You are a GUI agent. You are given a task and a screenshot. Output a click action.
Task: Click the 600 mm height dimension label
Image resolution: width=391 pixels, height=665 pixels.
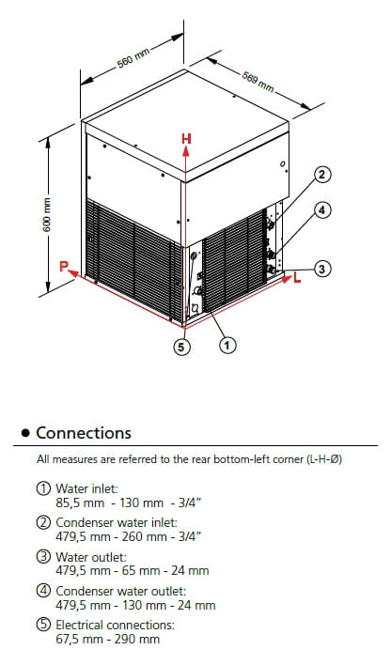47,214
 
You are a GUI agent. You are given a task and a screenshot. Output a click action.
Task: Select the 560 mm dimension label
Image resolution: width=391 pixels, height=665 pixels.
133,58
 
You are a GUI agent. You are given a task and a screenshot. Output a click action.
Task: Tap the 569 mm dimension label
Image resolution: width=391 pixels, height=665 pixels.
258,82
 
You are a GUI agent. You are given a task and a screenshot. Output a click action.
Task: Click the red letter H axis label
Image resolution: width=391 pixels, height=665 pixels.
186,139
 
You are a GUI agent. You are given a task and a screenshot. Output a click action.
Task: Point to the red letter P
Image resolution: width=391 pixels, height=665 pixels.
64,267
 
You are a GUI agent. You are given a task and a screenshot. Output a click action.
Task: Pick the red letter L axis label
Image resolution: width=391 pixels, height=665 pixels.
297,279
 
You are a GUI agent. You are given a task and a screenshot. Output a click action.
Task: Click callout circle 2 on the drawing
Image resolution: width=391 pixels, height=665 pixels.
322,175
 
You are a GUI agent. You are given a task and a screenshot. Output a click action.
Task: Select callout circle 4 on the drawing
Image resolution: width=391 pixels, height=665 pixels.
322,209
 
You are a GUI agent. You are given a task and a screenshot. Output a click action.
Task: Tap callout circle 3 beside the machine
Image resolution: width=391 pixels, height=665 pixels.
322,269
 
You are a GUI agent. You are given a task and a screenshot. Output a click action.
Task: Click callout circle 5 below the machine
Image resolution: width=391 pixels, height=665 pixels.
181,348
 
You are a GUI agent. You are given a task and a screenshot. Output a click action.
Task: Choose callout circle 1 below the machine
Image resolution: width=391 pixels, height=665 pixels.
227,346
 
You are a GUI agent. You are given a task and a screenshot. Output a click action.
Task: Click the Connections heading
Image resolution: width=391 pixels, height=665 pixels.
84,433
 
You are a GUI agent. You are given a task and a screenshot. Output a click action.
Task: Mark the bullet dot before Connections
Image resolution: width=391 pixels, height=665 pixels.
26,433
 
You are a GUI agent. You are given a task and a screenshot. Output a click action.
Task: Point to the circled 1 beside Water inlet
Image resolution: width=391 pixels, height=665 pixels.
43,488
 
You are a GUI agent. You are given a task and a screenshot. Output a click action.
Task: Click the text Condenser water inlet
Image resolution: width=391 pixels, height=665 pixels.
117,522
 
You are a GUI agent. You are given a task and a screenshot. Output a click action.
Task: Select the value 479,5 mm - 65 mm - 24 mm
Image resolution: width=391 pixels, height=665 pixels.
133,571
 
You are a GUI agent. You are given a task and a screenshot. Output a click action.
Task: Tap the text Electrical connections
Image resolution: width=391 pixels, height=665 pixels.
115,626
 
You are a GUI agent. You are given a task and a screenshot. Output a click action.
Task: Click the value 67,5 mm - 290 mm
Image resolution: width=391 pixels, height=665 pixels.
108,639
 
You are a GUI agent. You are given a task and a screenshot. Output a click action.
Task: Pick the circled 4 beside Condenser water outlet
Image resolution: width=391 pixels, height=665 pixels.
43,591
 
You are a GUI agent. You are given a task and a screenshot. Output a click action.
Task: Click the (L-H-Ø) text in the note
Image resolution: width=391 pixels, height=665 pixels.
324,459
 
